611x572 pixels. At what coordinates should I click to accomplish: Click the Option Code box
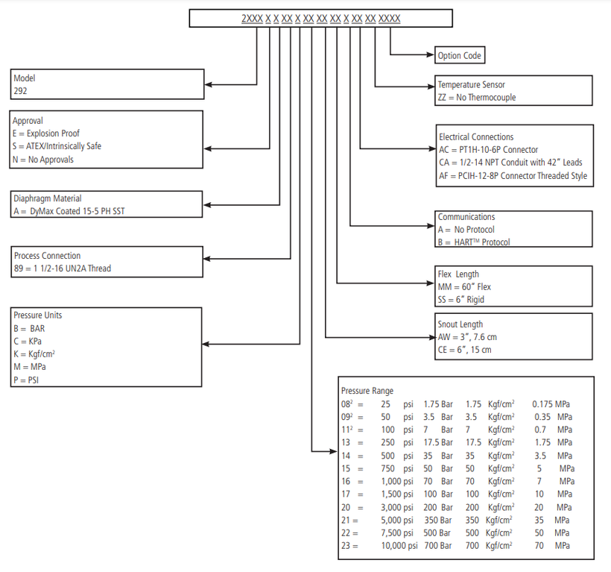pyautogui.click(x=460, y=55)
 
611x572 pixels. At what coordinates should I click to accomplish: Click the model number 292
pyautogui.click(x=20, y=91)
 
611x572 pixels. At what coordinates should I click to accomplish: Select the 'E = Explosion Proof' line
pyautogui.click(x=46, y=133)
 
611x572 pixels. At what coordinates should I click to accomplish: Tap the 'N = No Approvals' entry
pyautogui.click(x=43, y=160)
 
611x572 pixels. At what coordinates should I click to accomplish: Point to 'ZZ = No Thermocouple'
pyautogui.click(x=477, y=98)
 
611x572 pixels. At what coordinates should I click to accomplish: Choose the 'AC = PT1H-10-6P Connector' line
pyautogui.click(x=488, y=150)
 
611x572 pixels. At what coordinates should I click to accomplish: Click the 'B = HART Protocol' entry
pyautogui.click(x=474, y=242)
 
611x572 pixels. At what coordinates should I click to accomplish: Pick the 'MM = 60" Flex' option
pyautogui.click(x=464, y=287)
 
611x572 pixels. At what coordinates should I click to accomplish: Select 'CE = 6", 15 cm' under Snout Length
pyautogui.click(x=464, y=350)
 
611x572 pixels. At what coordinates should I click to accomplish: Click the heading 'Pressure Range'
pyautogui.click(x=367, y=391)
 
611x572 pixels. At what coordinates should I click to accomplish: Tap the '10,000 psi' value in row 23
pyautogui.click(x=399, y=545)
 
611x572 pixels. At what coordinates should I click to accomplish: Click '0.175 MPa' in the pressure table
pyautogui.click(x=551, y=404)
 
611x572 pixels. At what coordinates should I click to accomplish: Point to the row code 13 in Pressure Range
pyautogui.click(x=346, y=442)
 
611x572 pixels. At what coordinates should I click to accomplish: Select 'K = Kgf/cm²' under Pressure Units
pyautogui.click(x=34, y=354)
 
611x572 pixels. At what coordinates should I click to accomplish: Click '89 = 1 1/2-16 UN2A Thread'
pyautogui.click(x=63, y=268)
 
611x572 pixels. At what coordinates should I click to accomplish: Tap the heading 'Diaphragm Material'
pyautogui.click(x=48, y=198)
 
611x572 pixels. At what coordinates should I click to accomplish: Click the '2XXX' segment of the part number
pyautogui.click(x=252, y=19)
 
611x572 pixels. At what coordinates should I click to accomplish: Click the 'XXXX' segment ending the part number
pyautogui.click(x=389, y=19)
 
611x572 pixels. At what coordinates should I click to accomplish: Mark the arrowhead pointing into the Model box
pyautogui.click(x=208, y=84)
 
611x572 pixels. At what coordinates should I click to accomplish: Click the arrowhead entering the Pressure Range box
pyautogui.click(x=333, y=451)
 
